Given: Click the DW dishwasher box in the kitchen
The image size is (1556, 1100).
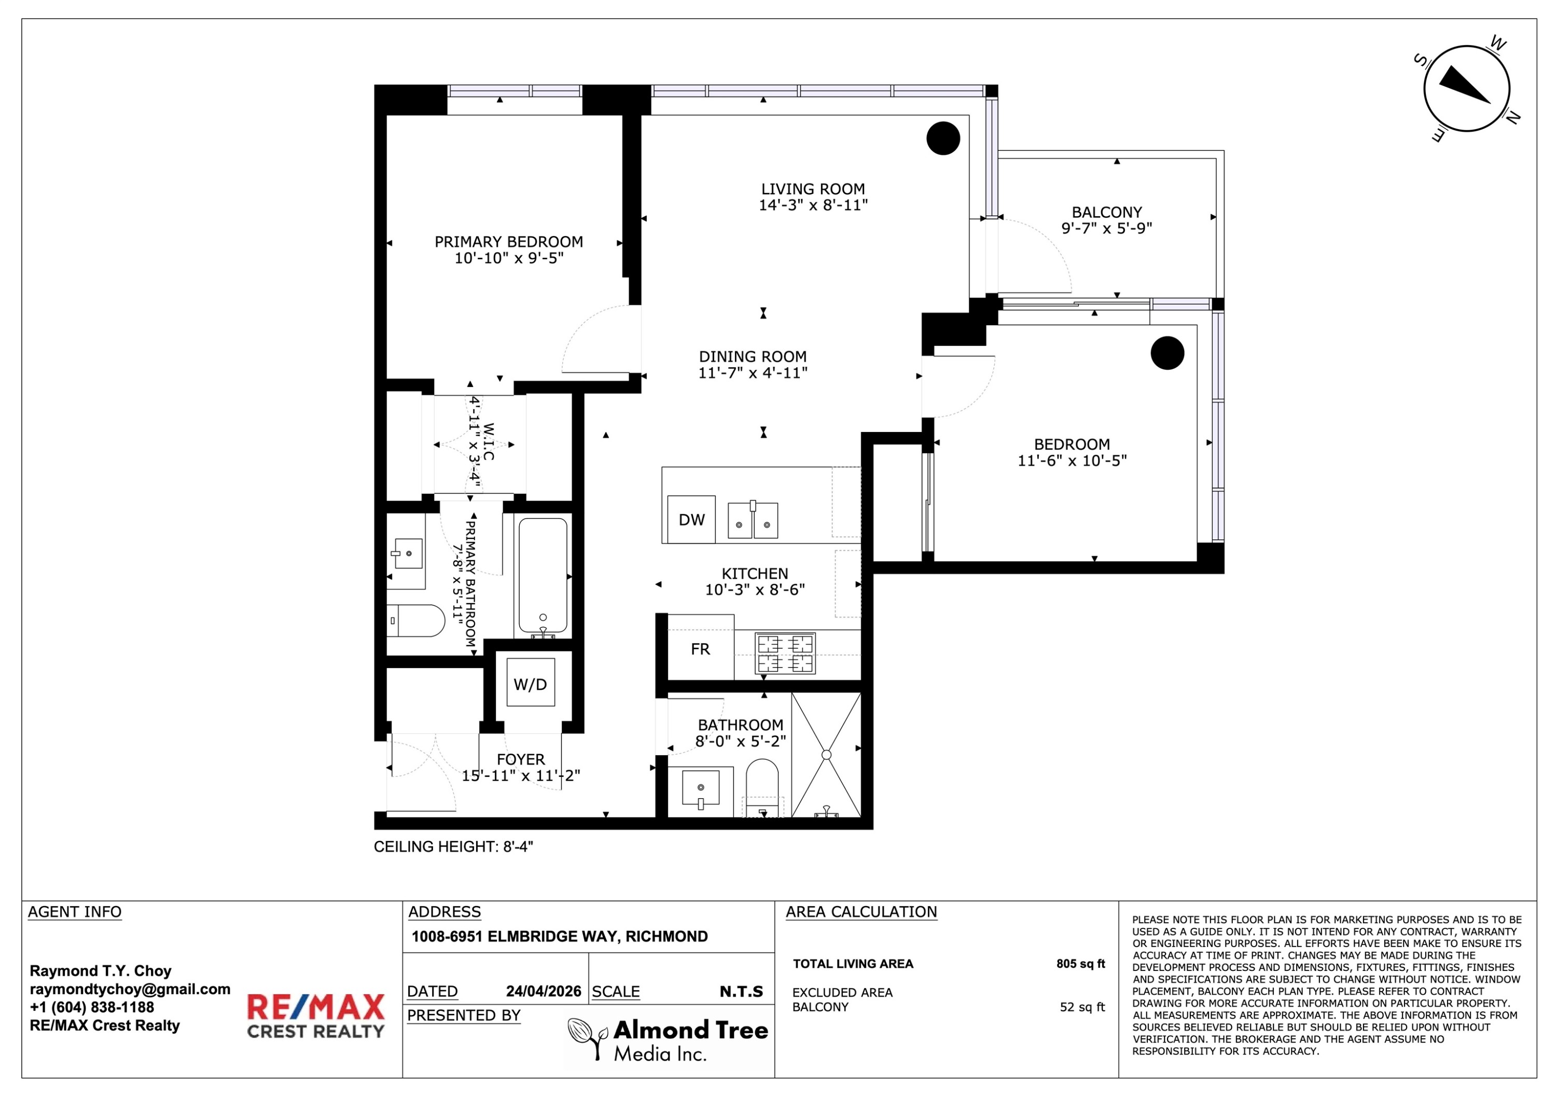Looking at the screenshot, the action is coord(691,519).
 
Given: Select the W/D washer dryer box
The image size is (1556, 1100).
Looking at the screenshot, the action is coord(531,683).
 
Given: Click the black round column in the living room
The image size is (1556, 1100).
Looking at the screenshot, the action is coord(943,138).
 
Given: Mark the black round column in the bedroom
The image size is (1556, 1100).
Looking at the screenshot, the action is coord(1167,353).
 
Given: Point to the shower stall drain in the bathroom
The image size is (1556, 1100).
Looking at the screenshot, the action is coord(826,755).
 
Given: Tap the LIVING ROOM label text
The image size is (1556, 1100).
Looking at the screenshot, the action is coord(813,189).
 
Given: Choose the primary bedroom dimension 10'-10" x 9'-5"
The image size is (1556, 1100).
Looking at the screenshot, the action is coord(509,258).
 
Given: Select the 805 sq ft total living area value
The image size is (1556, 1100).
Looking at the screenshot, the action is coord(1080,964).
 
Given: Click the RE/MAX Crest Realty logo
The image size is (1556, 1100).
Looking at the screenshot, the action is coord(316,1016).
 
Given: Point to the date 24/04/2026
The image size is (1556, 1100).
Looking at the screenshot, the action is coord(544,992).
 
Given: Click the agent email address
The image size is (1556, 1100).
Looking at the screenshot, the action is coord(130,990).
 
